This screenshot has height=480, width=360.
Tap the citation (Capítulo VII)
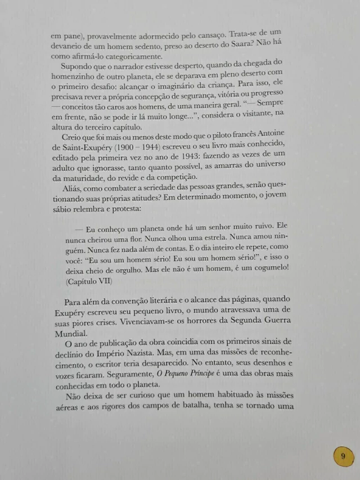(x=89, y=280)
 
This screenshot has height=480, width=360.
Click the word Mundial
(x=72, y=332)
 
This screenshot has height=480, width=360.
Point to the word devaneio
(x=70, y=45)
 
